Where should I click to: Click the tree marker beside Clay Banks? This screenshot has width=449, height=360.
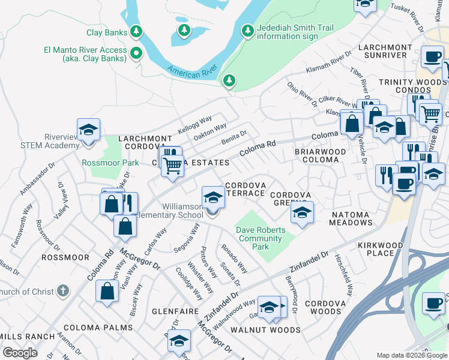[137, 32]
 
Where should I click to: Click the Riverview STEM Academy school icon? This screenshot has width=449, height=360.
[88, 130]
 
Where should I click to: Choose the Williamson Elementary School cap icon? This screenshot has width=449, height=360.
[212, 197]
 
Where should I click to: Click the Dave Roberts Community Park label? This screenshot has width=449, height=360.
[259, 238]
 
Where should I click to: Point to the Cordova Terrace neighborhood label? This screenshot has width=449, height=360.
[245, 189]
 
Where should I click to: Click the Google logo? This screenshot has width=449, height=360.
[20, 353]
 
